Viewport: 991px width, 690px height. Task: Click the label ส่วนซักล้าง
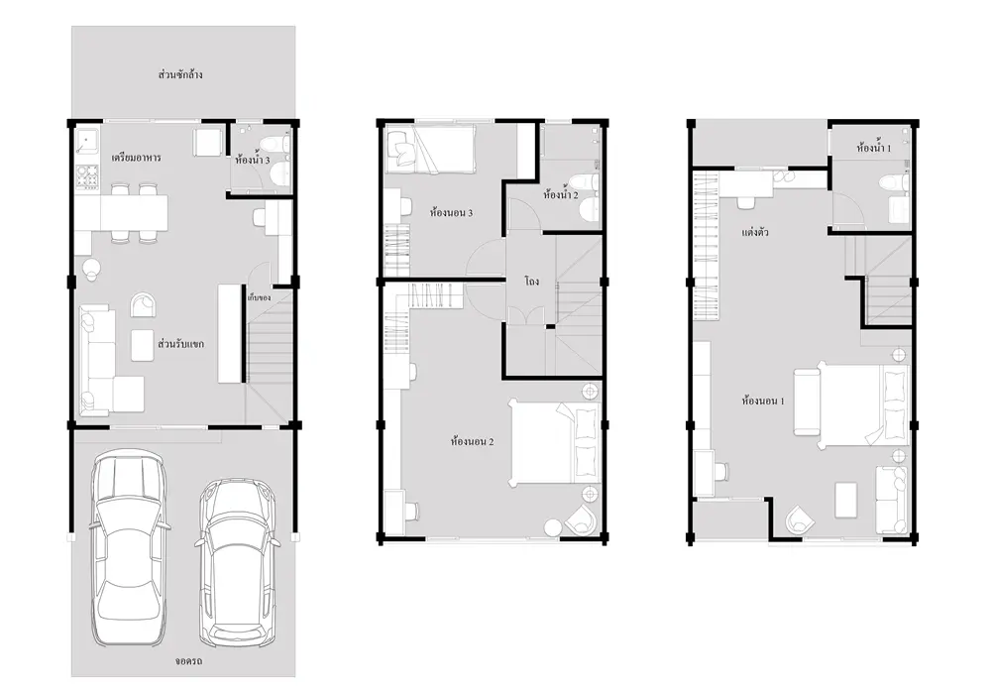point(180,74)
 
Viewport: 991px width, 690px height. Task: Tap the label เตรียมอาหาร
point(136,158)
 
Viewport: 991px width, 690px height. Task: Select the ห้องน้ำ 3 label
point(252,160)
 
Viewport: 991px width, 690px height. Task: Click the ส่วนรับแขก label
point(180,344)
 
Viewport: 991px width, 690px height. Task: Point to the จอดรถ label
point(188,661)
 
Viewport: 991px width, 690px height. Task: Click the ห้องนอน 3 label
point(451,212)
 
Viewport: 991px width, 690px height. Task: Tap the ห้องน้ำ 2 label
point(561,194)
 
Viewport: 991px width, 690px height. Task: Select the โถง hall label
point(531,281)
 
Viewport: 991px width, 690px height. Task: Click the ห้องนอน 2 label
point(472,441)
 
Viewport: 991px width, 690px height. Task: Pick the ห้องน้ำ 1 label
point(874,149)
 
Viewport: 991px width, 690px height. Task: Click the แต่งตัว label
point(754,232)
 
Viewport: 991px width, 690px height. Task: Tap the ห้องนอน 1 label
point(763,401)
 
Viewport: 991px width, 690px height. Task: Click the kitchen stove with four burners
point(88,176)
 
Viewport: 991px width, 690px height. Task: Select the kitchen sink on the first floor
point(87,143)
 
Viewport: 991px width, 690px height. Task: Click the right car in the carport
point(237,562)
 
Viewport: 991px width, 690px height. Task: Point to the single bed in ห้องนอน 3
point(430,148)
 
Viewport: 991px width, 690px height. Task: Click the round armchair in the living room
point(144,304)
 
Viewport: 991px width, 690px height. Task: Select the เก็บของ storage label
point(259,296)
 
